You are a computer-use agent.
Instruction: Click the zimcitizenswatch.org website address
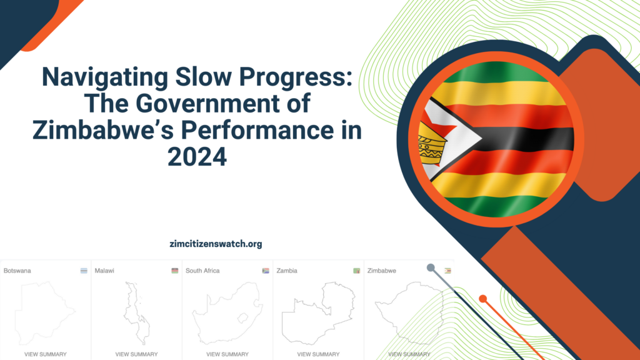[216, 244]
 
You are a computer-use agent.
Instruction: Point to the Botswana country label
[17, 271]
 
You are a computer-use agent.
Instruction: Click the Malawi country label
[104, 271]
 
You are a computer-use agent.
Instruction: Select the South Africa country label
[202, 271]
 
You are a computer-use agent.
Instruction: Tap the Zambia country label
[286, 271]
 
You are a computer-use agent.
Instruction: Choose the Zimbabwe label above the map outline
[381, 271]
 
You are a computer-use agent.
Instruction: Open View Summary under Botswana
[46, 354]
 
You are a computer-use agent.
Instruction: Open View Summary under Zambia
[318, 354]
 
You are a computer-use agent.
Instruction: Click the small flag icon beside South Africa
[266, 271]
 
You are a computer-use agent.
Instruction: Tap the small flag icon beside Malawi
[175, 271]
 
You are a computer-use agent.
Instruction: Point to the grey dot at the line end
[431, 267]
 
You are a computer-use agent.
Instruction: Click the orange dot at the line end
[482, 299]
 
